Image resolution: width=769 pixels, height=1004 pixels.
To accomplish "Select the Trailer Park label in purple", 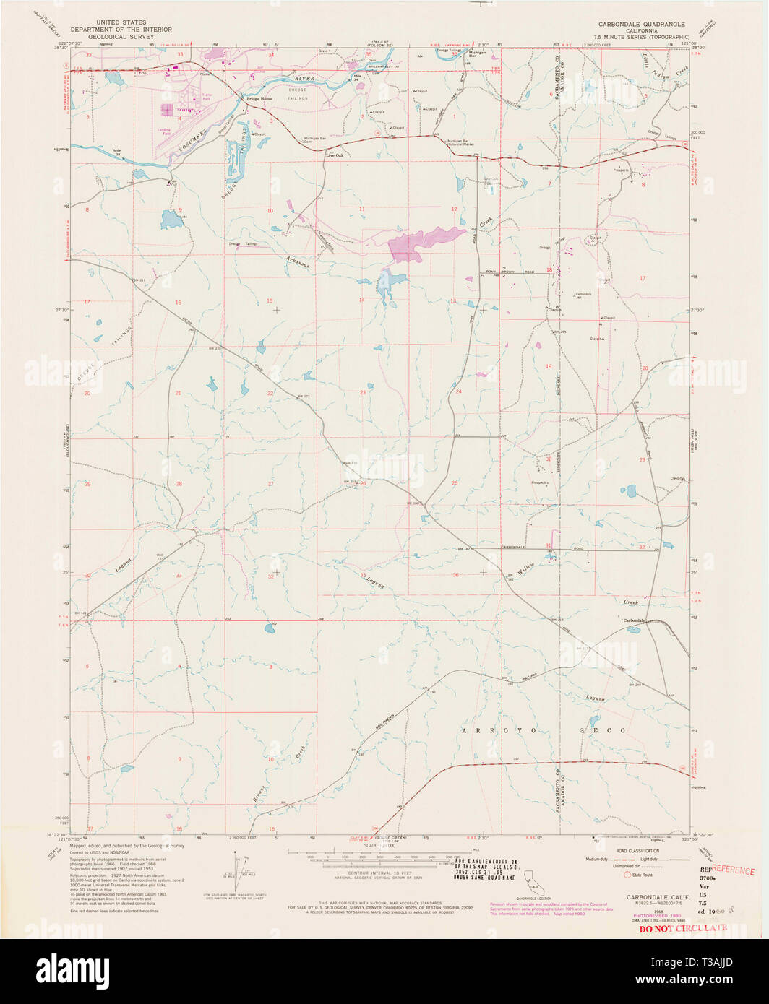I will pyautogui.click(x=208, y=95).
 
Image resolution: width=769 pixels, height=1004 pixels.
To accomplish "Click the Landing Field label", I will pyautogui.click(x=163, y=131).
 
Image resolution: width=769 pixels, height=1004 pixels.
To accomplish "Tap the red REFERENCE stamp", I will pyautogui.click(x=733, y=870).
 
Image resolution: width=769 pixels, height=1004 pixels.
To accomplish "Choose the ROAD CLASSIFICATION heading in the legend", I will pyautogui.click(x=638, y=851).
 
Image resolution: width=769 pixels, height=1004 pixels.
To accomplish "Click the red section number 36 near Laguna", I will pyautogui.click(x=455, y=575).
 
